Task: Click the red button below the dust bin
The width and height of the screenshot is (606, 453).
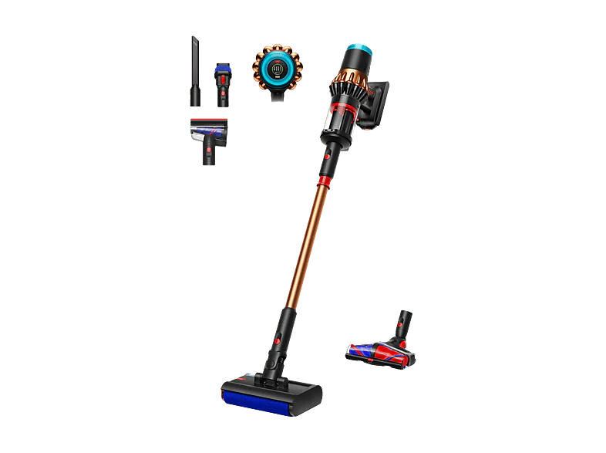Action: [x=326, y=155]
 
